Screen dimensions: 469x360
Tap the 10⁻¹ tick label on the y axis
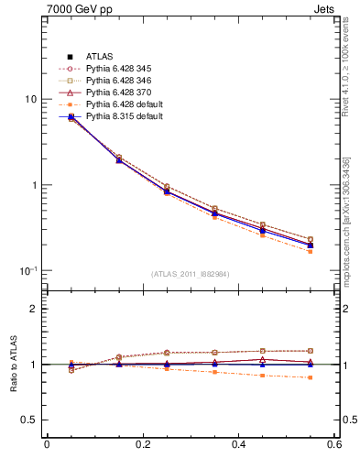coord(28,270)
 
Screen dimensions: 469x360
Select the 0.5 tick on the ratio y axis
coord(29,420)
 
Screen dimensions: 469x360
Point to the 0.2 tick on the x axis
coord(142,445)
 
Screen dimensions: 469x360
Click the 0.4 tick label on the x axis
coord(238,445)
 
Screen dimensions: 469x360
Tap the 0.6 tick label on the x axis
coord(333,445)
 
